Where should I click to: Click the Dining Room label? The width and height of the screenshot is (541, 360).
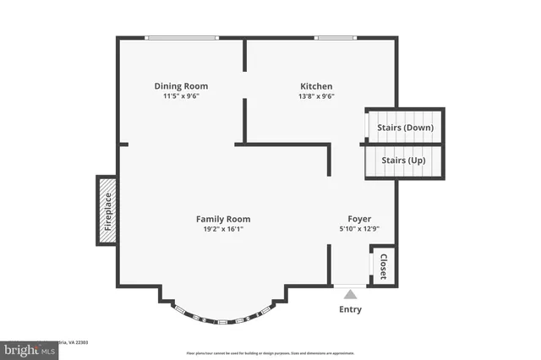tap(181, 86)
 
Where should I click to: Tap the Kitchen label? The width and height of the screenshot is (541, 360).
tap(316, 86)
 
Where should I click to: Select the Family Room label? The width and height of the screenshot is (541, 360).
tap(223, 219)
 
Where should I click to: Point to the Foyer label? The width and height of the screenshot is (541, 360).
tap(359, 219)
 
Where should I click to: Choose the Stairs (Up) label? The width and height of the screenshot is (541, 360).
tap(403, 160)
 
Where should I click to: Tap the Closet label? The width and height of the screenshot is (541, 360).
tap(383, 265)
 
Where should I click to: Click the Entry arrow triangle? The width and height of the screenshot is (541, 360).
tap(350, 293)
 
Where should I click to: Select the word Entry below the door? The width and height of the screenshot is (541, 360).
tap(350, 309)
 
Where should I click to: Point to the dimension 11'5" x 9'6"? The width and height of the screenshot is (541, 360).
tap(181, 96)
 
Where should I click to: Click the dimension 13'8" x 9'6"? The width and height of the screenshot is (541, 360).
tap(316, 96)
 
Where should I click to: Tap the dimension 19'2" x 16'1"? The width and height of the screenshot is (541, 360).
tap(223, 229)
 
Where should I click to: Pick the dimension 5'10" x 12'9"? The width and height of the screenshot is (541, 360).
tap(359, 229)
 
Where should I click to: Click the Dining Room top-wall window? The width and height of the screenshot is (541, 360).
tap(181, 37)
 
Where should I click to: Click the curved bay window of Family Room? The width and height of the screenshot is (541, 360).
tap(223, 319)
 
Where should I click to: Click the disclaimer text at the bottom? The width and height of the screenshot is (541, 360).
tap(270, 352)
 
